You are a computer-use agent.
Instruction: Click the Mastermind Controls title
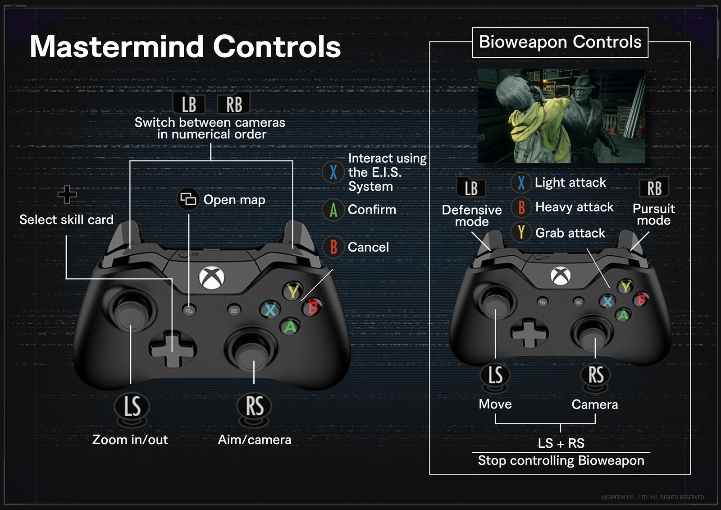pos(185,46)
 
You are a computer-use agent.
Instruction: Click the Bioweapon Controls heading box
pos(560,42)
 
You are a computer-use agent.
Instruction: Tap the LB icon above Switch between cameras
pos(189,104)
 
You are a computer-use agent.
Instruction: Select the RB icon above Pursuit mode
pos(654,188)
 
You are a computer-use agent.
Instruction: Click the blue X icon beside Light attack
pos(521,183)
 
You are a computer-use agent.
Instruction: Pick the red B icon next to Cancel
pos(333,247)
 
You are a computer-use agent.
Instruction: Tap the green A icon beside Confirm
pos(333,210)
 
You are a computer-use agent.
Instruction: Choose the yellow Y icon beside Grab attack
pos(521,233)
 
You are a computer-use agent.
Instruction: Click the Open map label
pos(234,200)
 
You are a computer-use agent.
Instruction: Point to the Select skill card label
pos(66,220)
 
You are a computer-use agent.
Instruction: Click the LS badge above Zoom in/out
pos(132,406)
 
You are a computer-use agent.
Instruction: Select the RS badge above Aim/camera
pos(255,406)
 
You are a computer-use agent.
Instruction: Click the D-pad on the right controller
pos(529,333)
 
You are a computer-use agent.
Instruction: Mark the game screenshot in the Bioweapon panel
pos(561,116)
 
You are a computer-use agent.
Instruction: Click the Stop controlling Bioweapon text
pos(561,460)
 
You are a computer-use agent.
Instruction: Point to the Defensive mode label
pos(472,216)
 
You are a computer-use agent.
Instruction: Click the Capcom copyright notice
pos(653,497)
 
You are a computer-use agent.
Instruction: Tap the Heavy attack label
pos(574,207)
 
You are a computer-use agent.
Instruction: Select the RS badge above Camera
pos(596,375)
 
